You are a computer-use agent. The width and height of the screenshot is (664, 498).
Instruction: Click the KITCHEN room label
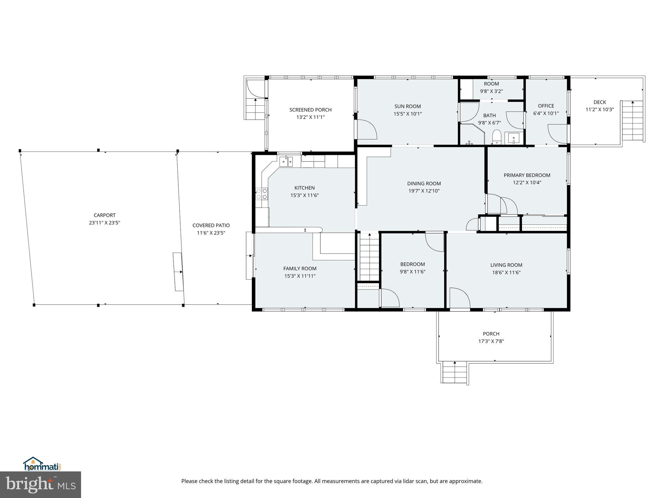pyautogui.click(x=304, y=188)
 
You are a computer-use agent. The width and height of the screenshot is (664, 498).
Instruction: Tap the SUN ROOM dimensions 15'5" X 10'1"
pyautogui.click(x=408, y=114)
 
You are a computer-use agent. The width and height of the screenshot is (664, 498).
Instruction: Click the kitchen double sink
pyautogui.click(x=286, y=161)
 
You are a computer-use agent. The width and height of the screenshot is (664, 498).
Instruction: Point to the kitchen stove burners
pyautogui.click(x=262, y=194)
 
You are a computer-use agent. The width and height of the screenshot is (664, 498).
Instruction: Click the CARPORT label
pyautogui.click(x=104, y=215)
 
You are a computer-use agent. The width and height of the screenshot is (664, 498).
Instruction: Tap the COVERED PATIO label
pyautogui.click(x=211, y=225)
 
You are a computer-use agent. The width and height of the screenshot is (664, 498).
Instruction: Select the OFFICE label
pyautogui.click(x=546, y=106)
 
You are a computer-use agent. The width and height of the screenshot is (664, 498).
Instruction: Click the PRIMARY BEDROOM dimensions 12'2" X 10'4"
pyautogui.click(x=527, y=183)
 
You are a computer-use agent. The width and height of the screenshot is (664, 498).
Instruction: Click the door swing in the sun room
pyautogui.click(x=366, y=130)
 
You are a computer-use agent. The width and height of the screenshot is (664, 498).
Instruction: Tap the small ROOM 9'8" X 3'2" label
pyautogui.click(x=491, y=84)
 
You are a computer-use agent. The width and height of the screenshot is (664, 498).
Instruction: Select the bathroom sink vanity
pyautogui.click(x=514, y=138)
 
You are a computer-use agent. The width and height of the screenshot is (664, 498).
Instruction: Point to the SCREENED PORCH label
pyautogui.click(x=310, y=110)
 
